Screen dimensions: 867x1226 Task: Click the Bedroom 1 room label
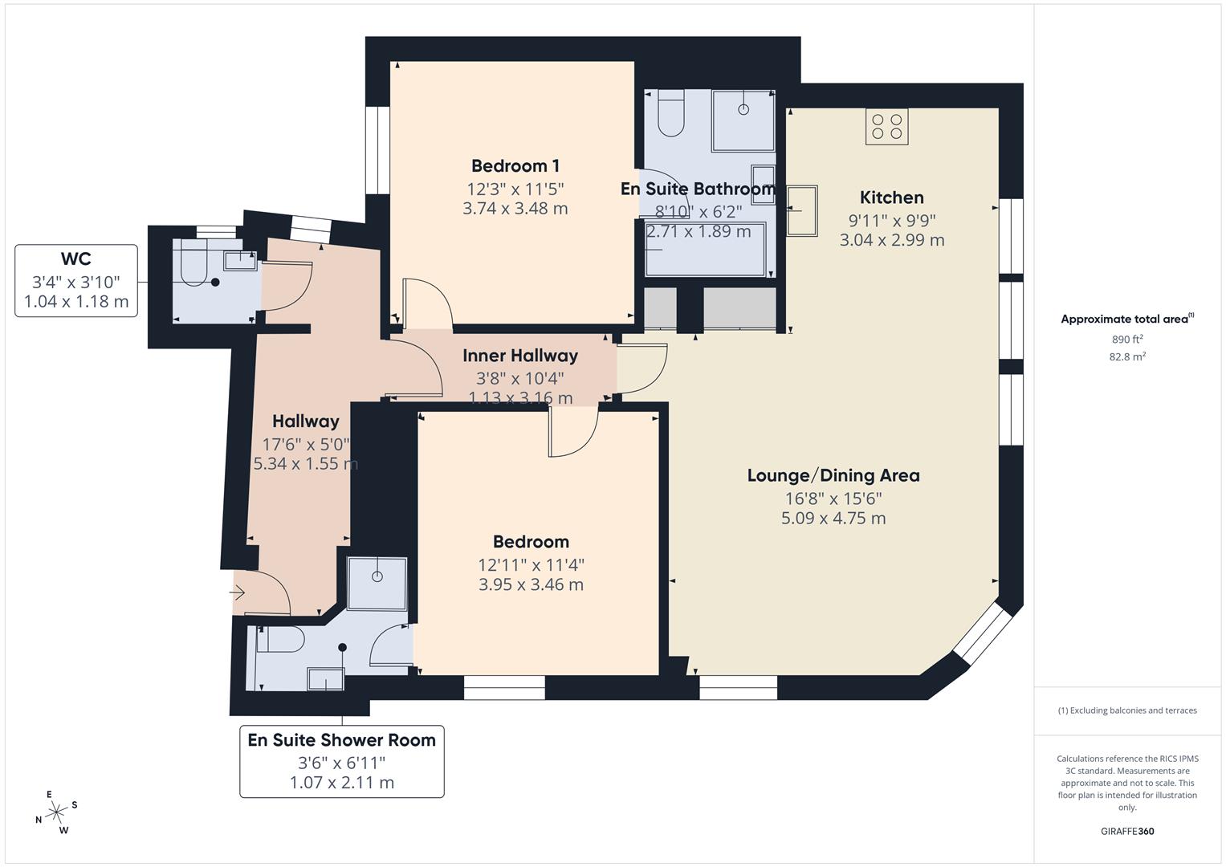click(x=515, y=166)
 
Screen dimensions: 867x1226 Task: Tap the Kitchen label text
click(x=891, y=197)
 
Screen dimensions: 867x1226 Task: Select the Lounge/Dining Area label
click(x=833, y=475)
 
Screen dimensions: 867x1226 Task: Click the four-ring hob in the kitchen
click(x=886, y=127)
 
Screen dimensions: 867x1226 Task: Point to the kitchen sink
click(x=802, y=211)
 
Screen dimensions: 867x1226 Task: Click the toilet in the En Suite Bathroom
click(x=670, y=115)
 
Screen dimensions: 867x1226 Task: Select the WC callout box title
click(x=76, y=259)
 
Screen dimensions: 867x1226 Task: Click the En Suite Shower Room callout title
click(x=341, y=740)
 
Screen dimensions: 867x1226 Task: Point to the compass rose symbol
click(x=56, y=812)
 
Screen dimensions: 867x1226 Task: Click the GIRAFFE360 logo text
click(x=1126, y=831)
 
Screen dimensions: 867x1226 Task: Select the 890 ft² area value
click(x=1126, y=339)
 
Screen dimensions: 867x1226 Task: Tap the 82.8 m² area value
click(x=1126, y=356)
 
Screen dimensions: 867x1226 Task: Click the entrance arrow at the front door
click(x=238, y=593)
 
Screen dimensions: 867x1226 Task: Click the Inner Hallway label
click(x=520, y=356)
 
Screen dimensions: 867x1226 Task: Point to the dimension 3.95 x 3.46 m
click(x=531, y=584)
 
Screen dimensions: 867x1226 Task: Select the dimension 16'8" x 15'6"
click(x=833, y=498)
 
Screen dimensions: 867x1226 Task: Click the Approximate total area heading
click(x=1126, y=319)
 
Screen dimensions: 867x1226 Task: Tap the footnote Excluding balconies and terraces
click(x=1126, y=710)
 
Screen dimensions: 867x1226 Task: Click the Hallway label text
click(x=305, y=421)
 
